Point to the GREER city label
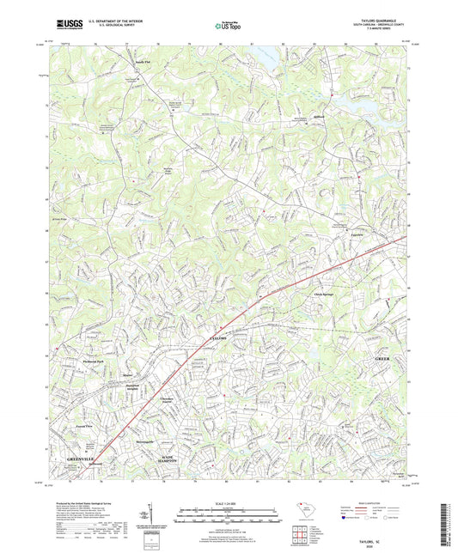384,357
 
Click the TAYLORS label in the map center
218,341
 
